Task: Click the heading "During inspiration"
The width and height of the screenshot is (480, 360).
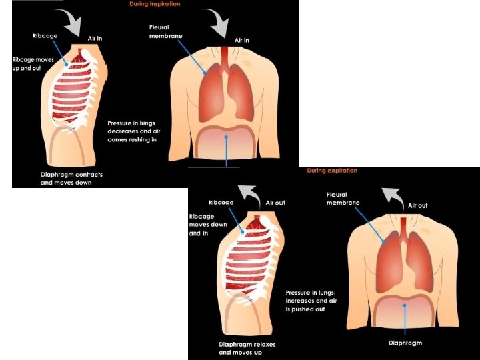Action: (155, 4)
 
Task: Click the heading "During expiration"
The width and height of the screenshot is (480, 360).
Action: (332, 171)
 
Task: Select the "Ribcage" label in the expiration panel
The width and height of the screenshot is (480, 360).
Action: (221, 202)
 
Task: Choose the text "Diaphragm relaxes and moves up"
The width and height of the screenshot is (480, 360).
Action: (247, 348)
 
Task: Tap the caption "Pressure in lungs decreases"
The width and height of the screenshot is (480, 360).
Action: (134, 131)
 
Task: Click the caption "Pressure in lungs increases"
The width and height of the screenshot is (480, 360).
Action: (310, 301)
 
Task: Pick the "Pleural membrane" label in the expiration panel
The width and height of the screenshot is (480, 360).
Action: (343, 199)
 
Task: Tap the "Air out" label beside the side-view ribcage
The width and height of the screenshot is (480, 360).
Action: (275, 203)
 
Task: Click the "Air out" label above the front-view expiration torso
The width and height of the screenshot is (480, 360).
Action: (417, 205)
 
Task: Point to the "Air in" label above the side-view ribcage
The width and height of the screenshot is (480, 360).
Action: (95, 39)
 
